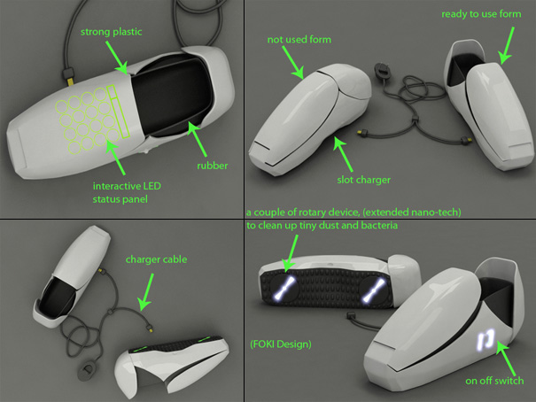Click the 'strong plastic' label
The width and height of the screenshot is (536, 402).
(111, 32)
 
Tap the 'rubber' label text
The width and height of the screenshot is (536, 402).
(213, 166)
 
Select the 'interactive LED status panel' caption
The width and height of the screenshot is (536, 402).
(127, 193)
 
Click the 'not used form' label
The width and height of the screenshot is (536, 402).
(299, 40)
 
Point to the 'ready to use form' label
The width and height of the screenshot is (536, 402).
(481, 14)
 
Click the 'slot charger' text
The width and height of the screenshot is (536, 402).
(364, 180)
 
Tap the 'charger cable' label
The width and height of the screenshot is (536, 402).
(156, 259)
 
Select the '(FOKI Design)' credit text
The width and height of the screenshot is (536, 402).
(281, 344)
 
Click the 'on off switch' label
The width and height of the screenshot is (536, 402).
(494, 381)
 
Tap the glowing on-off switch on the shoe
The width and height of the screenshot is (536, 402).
(486, 339)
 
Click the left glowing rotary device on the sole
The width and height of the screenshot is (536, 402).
(284, 289)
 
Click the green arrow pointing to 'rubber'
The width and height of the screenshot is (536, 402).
(198, 140)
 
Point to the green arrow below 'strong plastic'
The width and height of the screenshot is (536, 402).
(116, 58)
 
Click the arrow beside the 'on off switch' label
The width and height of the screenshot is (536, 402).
(505, 358)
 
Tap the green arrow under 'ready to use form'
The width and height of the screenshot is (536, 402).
(507, 45)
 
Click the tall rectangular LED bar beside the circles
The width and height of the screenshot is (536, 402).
(118, 112)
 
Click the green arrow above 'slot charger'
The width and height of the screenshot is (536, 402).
(343, 154)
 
